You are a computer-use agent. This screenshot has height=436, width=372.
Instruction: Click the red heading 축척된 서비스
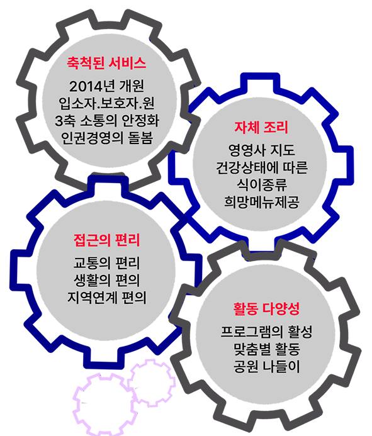click(x=106, y=63)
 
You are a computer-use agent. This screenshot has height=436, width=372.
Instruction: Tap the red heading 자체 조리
click(x=261, y=128)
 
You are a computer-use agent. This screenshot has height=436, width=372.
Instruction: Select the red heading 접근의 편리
click(x=106, y=240)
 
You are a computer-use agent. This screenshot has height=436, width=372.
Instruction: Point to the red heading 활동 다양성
click(x=266, y=309)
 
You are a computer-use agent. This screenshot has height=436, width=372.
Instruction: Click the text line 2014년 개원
click(x=106, y=86)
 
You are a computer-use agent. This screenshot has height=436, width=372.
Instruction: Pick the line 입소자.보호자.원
click(x=106, y=103)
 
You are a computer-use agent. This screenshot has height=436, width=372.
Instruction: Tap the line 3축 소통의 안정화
click(x=107, y=121)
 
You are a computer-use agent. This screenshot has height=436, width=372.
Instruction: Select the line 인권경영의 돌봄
click(x=107, y=138)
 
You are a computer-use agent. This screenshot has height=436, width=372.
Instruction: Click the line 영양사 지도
click(x=262, y=150)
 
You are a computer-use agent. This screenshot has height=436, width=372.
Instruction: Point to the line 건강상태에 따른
click(x=262, y=168)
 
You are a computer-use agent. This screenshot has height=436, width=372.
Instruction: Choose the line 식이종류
click(x=262, y=185)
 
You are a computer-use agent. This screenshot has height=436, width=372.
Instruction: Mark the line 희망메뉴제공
click(x=262, y=202)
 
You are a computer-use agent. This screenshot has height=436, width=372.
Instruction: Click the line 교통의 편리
click(x=106, y=263)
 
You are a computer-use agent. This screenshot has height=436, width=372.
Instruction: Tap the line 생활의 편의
click(x=106, y=281)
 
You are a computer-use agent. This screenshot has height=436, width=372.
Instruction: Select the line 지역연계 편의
click(x=106, y=298)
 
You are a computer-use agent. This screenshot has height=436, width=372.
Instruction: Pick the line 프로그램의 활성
click(x=266, y=332)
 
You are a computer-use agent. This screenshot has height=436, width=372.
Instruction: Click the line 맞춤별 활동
click(x=266, y=349)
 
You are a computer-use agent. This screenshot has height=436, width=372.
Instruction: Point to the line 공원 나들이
click(x=266, y=366)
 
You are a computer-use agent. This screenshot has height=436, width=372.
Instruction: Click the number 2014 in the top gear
click(x=82, y=86)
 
